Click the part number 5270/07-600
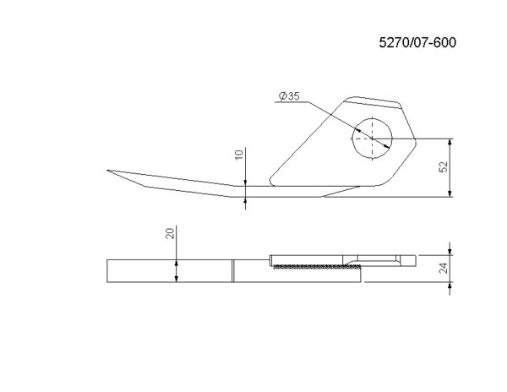[417, 42]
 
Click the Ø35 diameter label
[289, 96]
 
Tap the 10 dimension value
[238, 155]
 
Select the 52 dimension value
[444, 166]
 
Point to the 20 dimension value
[170, 233]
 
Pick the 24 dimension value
[444, 268]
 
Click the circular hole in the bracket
[373, 139]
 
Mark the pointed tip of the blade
[107, 171]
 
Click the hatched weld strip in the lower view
[317, 267]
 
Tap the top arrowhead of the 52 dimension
[450, 141]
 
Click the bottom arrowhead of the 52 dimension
[450, 193]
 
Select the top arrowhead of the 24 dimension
[450, 252]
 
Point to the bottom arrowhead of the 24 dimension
[450, 285]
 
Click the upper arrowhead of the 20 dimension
[177, 263]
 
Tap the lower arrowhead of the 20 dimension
[177, 279]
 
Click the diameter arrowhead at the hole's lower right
[387, 146]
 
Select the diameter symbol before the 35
[283, 96]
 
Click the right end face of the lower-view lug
[416, 260]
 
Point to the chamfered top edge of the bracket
[372, 103]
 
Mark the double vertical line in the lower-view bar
[233, 271]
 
